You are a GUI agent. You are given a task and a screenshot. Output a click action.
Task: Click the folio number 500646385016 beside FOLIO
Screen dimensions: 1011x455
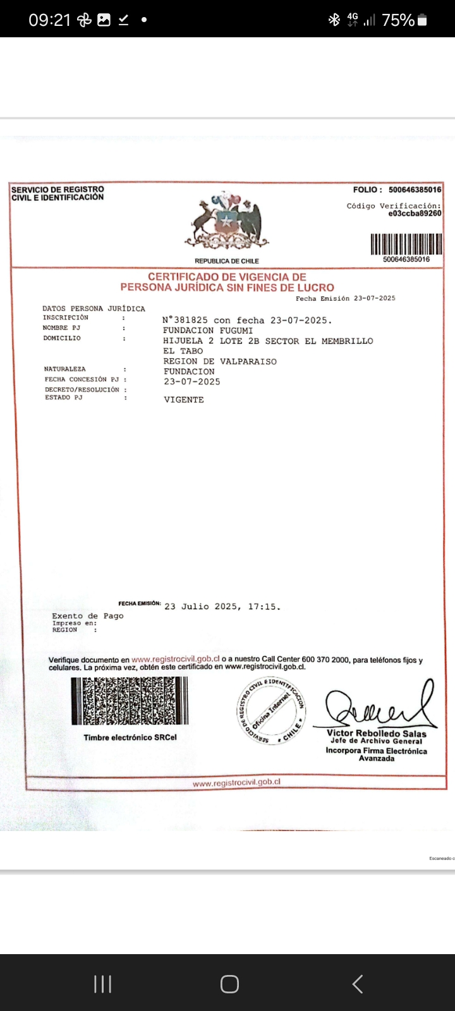coord(415,190)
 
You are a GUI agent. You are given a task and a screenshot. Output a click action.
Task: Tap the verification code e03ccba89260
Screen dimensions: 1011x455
coord(415,214)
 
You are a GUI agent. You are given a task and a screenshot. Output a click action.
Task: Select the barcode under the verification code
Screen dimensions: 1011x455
coord(406,244)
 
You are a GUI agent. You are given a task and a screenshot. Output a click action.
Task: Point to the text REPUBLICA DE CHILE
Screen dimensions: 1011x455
coord(227,261)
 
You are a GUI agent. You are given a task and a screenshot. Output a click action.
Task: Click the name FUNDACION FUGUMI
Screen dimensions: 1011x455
coord(208,330)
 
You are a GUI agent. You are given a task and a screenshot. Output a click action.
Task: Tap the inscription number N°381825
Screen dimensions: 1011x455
coord(185,320)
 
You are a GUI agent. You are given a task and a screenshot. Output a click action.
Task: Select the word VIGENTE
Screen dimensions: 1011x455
coord(184,400)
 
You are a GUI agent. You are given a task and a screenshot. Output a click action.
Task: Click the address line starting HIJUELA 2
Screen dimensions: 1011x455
coord(268,341)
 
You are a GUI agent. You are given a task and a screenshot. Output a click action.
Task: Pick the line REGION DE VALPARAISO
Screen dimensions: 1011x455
coord(220,361)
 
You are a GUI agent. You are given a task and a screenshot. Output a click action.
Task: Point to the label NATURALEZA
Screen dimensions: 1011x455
coord(64,369)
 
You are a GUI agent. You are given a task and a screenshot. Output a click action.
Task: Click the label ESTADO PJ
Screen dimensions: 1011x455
coord(63,397)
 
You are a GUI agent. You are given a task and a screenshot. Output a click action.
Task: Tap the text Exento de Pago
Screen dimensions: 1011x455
coord(88,615)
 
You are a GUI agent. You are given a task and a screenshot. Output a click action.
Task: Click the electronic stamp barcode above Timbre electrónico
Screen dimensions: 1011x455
coord(130,701)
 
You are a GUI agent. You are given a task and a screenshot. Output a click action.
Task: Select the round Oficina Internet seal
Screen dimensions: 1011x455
coord(270,710)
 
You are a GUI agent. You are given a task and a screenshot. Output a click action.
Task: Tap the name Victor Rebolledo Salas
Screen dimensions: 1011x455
coord(377,734)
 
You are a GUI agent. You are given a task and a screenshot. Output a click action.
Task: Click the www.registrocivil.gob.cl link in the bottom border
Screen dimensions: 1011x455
coord(236,782)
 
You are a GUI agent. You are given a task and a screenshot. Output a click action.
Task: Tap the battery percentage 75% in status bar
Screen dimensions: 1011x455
coord(398,20)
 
